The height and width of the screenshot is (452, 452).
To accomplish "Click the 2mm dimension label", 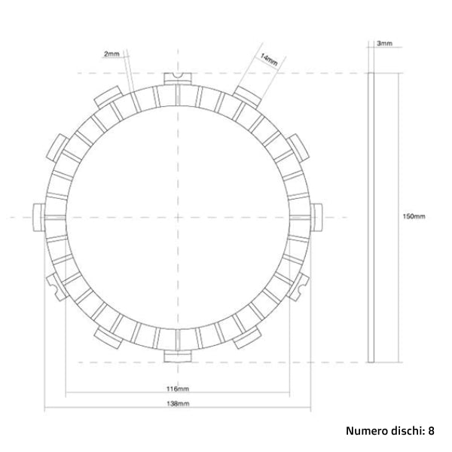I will click(x=111, y=54).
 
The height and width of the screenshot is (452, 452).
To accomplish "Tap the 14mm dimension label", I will click(x=268, y=58).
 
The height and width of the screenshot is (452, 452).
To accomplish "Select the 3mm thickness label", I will click(x=383, y=44).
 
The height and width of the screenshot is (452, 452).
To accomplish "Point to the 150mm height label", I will click(x=414, y=216).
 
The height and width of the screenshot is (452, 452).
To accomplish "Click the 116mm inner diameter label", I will click(x=178, y=388).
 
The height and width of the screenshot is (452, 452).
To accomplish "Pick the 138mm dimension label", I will click(x=178, y=405).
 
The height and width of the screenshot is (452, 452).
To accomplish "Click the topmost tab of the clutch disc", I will click(x=176, y=78).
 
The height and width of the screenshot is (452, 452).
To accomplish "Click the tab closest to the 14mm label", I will click(x=246, y=94).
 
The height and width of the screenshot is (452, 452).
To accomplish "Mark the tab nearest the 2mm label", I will click(x=105, y=95).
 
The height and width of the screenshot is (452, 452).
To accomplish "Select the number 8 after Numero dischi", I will click(x=432, y=432).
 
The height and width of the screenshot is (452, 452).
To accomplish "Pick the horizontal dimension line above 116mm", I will click(x=178, y=394).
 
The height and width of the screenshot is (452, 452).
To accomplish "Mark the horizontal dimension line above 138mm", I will click(x=178, y=411).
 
